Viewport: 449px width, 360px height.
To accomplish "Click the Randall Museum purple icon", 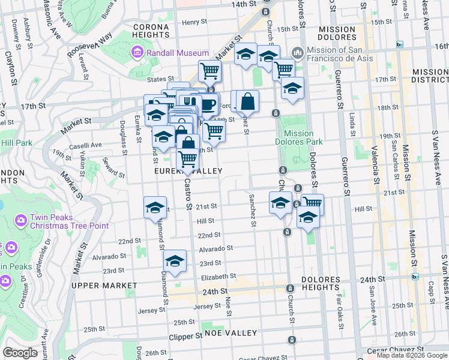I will coord(137,53).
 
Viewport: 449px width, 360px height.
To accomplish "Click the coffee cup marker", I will coord(208,104).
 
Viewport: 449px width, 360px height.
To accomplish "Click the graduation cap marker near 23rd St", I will coord(175,261).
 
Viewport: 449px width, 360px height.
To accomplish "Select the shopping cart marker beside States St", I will coord(209,71).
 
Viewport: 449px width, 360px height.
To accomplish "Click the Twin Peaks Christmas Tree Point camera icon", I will coord(20,221).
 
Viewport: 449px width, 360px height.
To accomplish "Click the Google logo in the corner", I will coord(20,353).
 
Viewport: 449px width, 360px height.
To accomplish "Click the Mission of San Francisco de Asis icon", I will coord(298,53).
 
